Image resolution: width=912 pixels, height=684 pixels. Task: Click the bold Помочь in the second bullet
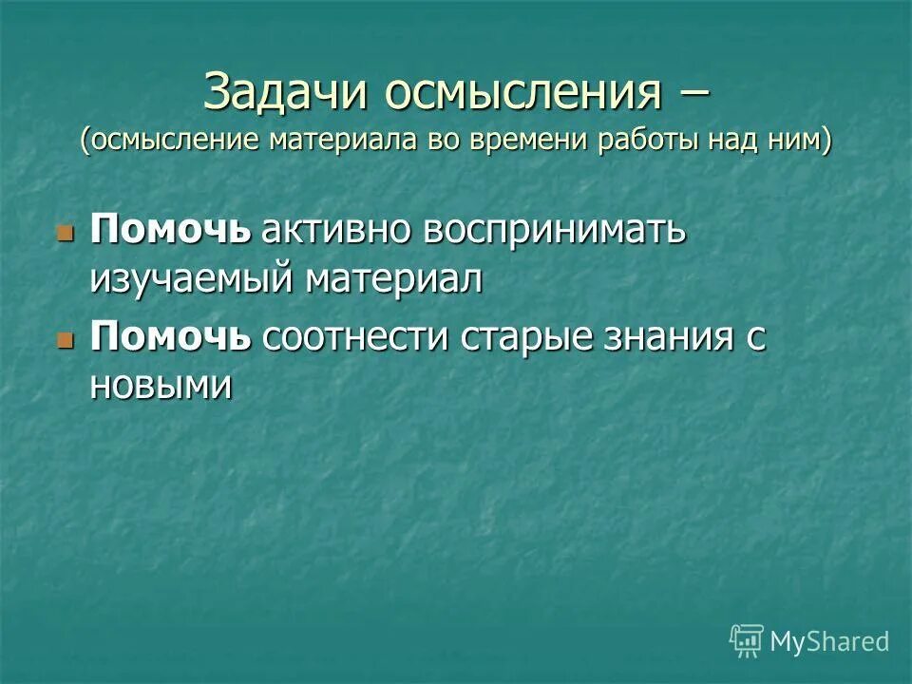tap(171, 338)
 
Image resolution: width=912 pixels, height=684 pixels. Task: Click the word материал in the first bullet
tap(393, 278)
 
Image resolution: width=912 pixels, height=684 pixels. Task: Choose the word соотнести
tap(357, 338)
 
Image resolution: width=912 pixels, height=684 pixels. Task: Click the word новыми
tap(161, 386)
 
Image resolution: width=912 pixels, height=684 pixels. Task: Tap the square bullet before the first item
tap(66, 234)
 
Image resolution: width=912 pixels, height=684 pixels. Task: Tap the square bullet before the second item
tap(66, 340)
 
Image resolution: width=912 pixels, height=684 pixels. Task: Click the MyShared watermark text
tap(829, 641)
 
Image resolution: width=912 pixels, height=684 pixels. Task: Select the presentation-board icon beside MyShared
tap(747, 641)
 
